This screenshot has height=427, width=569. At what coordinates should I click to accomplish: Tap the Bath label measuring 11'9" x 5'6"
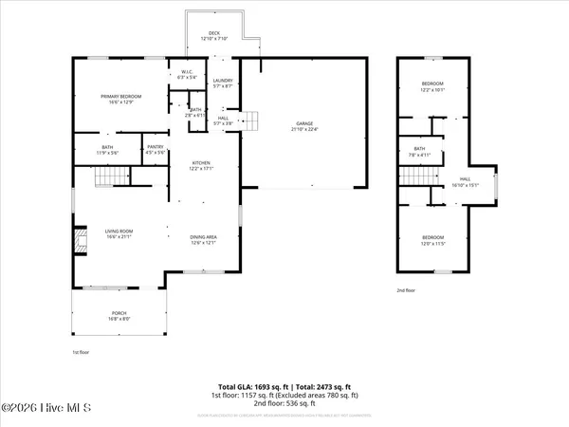click(x=106, y=149)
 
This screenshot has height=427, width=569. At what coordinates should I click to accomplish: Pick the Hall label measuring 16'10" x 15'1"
click(x=465, y=181)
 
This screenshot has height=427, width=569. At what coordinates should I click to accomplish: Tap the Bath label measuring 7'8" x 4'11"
click(x=419, y=152)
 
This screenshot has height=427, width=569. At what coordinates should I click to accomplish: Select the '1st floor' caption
click(x=82, y=351)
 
